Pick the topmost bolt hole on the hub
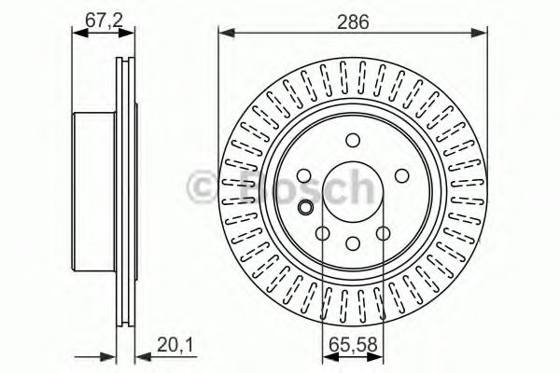(353, 141)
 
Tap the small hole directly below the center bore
(352, 243)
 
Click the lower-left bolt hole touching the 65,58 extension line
(322, 234)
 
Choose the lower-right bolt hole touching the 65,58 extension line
(383, 234)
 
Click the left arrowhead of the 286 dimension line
(224, 35)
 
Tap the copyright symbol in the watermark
(203, 186)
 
